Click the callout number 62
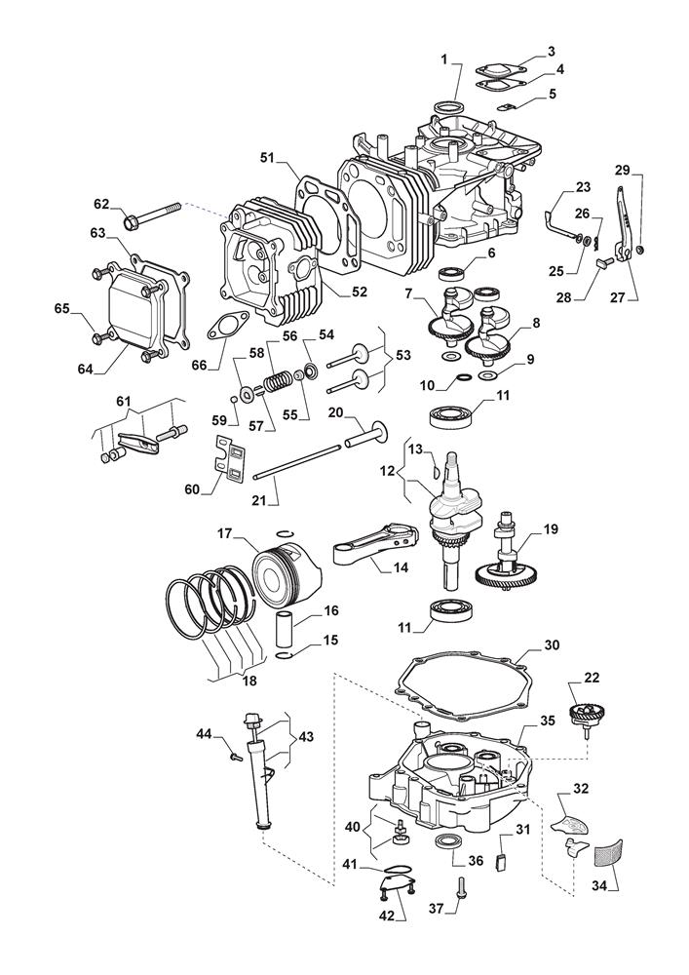(102, 204)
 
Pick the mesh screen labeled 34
(606, 851)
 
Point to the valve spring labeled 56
(279, 375)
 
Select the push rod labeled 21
(297, 462)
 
